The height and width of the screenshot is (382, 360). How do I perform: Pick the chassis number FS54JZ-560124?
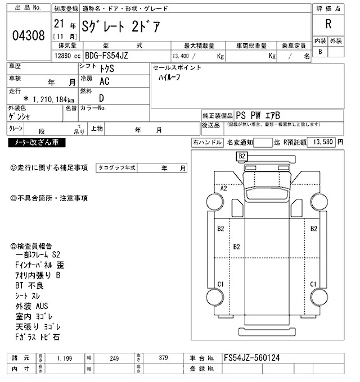point(251,357)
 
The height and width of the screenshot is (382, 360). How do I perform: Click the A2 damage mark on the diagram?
point(224,189)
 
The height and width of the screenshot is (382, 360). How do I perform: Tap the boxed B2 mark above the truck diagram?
point(242,156)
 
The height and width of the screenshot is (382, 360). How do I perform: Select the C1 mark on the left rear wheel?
point(220,283)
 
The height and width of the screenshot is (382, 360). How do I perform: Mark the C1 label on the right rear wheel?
point(314,283)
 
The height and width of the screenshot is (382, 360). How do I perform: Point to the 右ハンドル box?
point(206,143)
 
